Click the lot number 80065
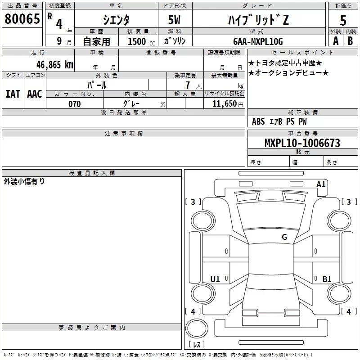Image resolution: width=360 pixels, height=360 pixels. click(22, 19)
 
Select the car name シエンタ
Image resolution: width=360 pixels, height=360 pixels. click(116, 20)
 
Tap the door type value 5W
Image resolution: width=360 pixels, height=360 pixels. click(175, 20)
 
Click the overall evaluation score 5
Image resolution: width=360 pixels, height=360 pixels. click(343, 20)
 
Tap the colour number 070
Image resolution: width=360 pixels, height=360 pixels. click(75, 104)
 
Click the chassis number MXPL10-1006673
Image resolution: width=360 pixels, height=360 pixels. click(302, 143)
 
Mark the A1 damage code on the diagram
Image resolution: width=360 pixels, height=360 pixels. click(321, 184)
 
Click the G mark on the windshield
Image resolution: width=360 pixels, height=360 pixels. click(284, 237)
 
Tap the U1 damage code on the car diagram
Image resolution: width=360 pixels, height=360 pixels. click(215, 279)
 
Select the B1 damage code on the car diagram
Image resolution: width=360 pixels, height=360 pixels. click(327, 279)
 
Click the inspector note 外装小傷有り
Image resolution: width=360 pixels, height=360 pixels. click(24, 181)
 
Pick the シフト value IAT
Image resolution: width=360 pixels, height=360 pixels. click(13, 94)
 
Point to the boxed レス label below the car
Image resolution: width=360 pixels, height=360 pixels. click(196, 345)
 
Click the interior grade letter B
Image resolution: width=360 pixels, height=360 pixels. click(350, 41)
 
